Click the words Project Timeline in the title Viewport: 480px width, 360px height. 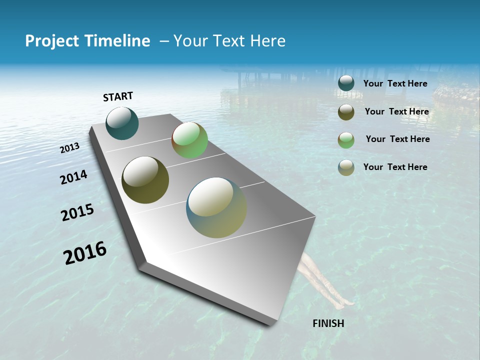pos(87,41)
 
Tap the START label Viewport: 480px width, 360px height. pos(118,96)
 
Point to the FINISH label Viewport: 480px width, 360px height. pos(328,323)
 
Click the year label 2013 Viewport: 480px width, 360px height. pos(70,148)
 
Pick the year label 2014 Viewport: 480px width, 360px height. pos(73,177)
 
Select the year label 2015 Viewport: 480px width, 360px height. pos(77,212)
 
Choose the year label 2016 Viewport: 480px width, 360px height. pos(85,253)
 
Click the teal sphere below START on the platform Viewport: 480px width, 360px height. pos(122,123)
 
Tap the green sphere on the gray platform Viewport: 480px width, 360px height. pos(189,140)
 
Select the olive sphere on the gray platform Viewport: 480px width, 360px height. pos(145,180)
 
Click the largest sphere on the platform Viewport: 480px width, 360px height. pos(216,207)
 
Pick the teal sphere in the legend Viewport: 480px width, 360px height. pos(346,83)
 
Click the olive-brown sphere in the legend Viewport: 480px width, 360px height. pos(346,112)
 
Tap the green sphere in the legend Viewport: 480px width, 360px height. pos(346,139)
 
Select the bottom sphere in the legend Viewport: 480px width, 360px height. pos(346,167)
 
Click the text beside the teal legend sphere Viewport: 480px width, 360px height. pos(395,83)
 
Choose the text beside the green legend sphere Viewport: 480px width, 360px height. pos(397,139)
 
